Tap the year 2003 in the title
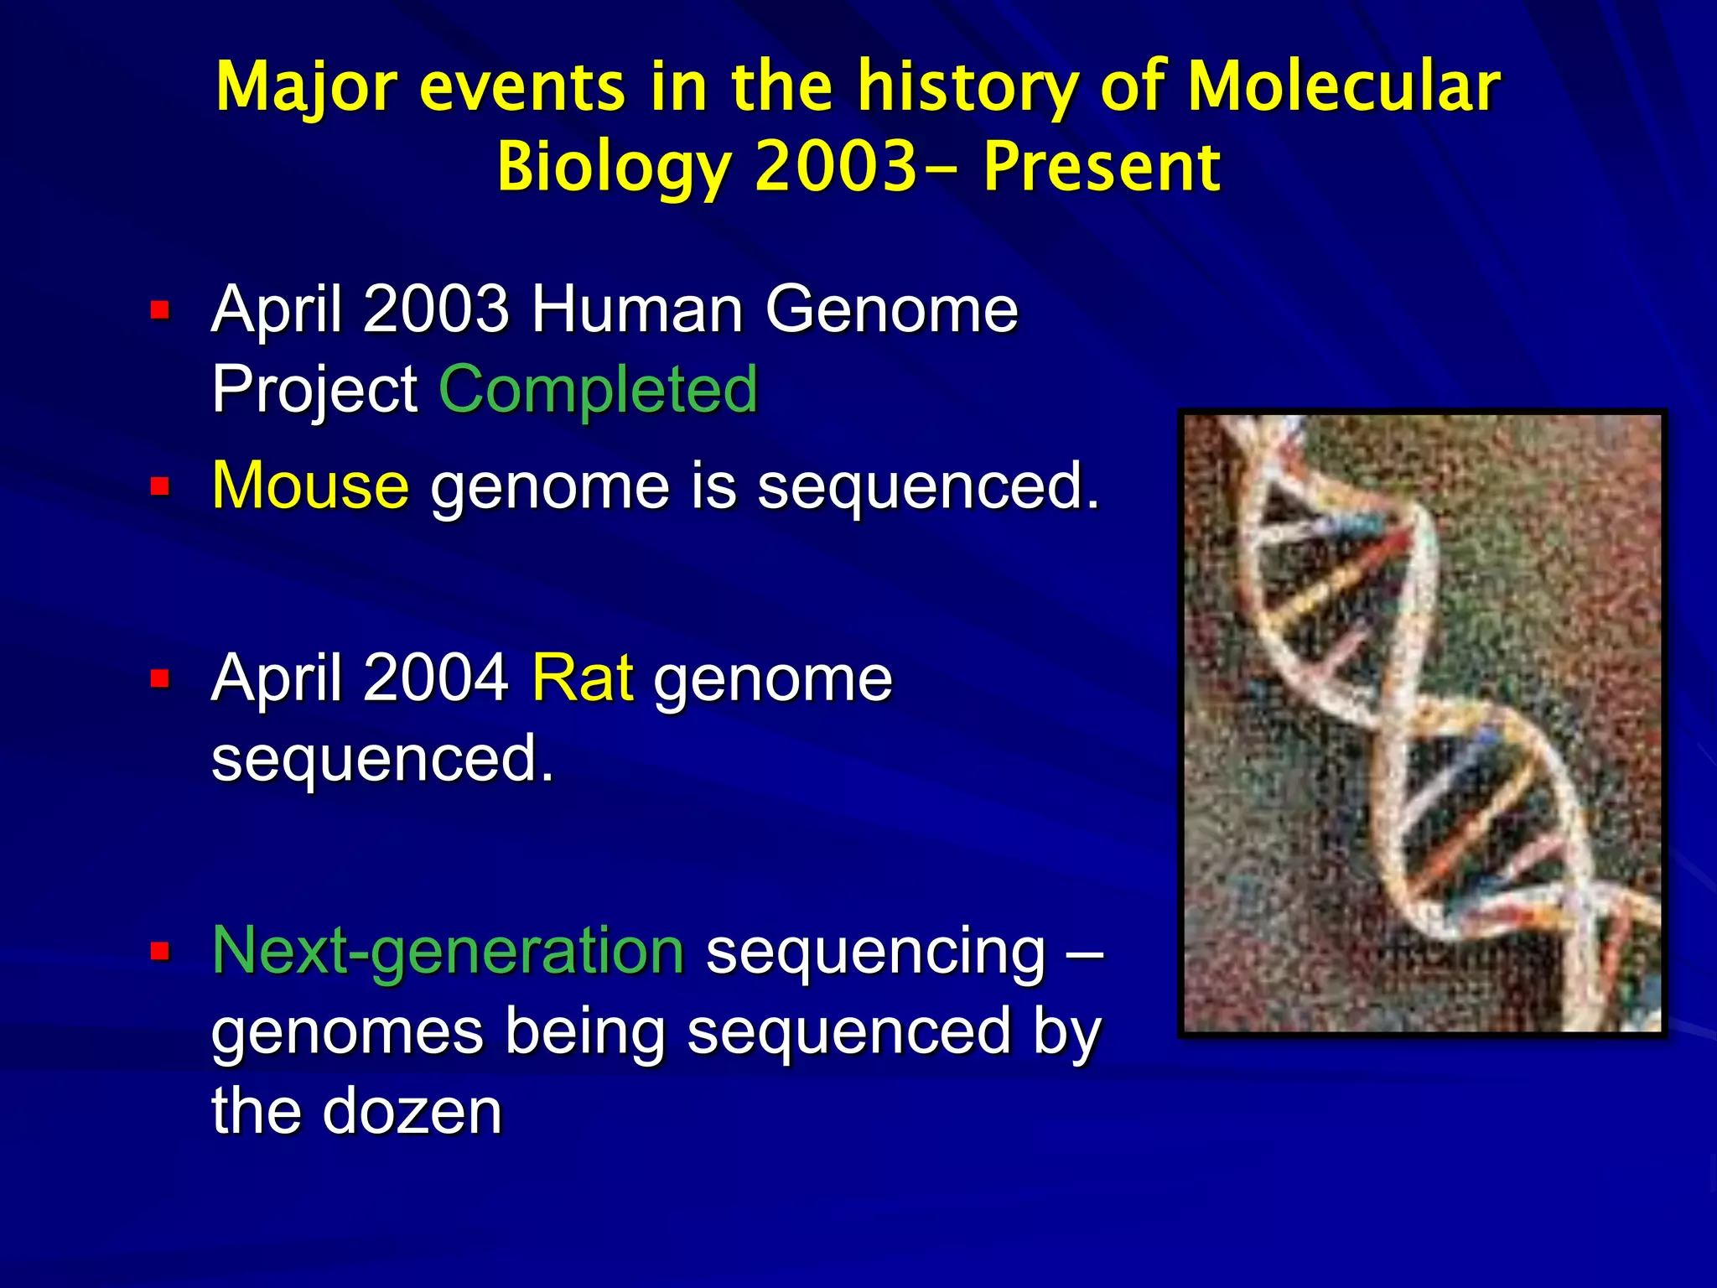(x=836, y=166)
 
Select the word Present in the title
(x=1102, y=166)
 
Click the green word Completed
(x=599, y=389)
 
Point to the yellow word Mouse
(x=310, y=486)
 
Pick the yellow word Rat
(x=583, y=678)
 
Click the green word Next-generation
(x=449, y=950)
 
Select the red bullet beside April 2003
(x=159, y=311)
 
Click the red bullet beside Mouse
(x=159, y=486)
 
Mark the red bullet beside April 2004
(x=159, y=678)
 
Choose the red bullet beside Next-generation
(x=159, y=951)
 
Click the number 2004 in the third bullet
(x=436, y=678)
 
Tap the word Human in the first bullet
(x=637, y=309)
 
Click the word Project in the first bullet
(x=314, y=389)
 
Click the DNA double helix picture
(x=1422, y=723)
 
